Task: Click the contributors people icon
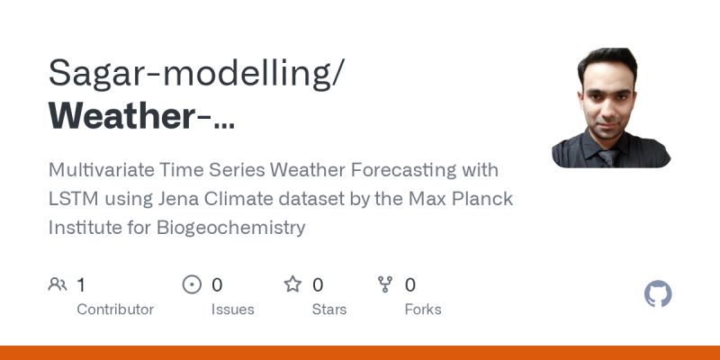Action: (x=58, y=285)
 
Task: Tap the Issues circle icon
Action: (x=192, y=285)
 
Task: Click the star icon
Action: (x=292, y=285)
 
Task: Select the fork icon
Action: (x=385, y=285)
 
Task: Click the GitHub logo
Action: (x=659, y=294)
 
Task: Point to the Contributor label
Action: (x=115, y=309)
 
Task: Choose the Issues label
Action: (x=233, y=309)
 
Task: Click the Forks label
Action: (x=422, y=309)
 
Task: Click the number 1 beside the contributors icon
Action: (x=81, y=285)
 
